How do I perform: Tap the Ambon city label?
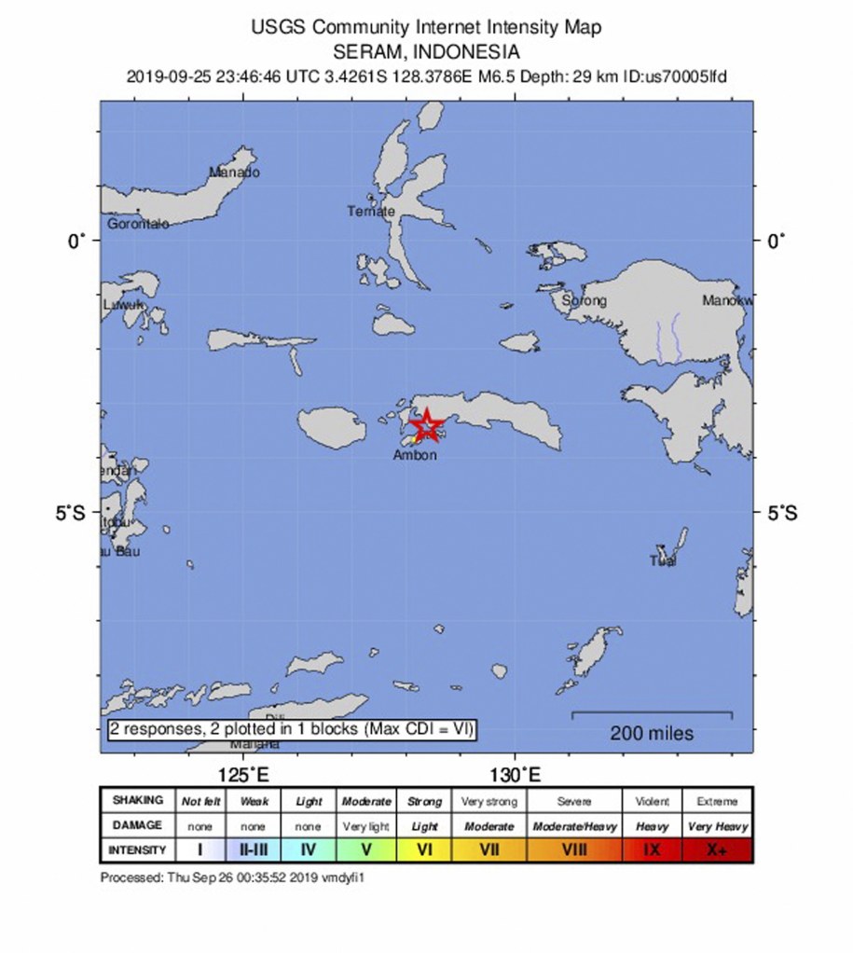pyautogui.click(x=415, y=455)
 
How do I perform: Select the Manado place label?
pyautogui.click(x=234, y=172)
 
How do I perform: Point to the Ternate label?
pyautogui.click(x=371, y=211)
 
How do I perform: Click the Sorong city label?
pyautogui.click(x=584, y=300)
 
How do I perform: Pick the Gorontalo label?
pyautogui.click(x=138, y=224)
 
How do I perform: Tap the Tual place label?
pyautogui.click(x=663, y=560)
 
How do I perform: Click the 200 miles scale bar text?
pyautogui.click(x=652, y=734)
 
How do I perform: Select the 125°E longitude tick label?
pyautogui.click(x=243, y=775)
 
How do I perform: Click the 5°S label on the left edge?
pyautogui.click(x=70, y=512)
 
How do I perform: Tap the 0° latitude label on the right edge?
pyautogui.click(x=775, y=241)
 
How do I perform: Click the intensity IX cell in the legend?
pyautogui.click(x=652, y=849)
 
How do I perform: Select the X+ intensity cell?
pyautogui.click(x=716, y=849)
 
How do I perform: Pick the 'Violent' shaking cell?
pyautogui.click(x=652, y=801)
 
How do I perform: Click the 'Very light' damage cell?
pyautogui.click(x=366, y=826)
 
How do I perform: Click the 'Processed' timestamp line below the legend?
pyautogui.click(x=231, y=877)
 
